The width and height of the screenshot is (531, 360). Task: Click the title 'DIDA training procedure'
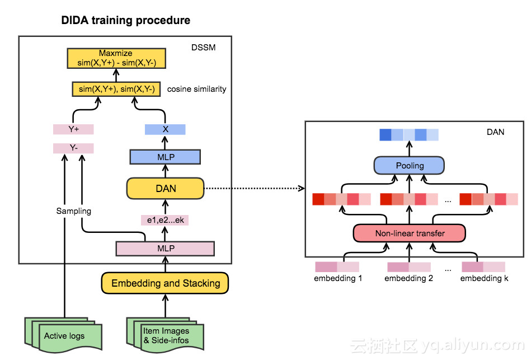125,21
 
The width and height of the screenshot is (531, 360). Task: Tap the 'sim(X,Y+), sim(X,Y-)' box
116,89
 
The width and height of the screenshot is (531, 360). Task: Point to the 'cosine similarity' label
196,89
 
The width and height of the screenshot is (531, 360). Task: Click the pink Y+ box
73,129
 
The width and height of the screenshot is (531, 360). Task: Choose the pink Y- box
73,148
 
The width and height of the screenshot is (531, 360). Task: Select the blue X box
165,129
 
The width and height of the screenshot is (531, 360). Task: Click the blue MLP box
165,157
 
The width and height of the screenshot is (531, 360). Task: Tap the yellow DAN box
165,188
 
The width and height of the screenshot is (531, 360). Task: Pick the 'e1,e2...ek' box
165,220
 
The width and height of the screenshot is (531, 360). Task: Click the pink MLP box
165,247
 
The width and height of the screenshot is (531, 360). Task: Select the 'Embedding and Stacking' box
165,283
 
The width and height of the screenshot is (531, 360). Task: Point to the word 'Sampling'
73,211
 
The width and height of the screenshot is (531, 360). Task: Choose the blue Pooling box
410,166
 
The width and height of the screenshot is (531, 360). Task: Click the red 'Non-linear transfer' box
410,233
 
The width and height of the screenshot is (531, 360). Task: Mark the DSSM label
203,48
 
